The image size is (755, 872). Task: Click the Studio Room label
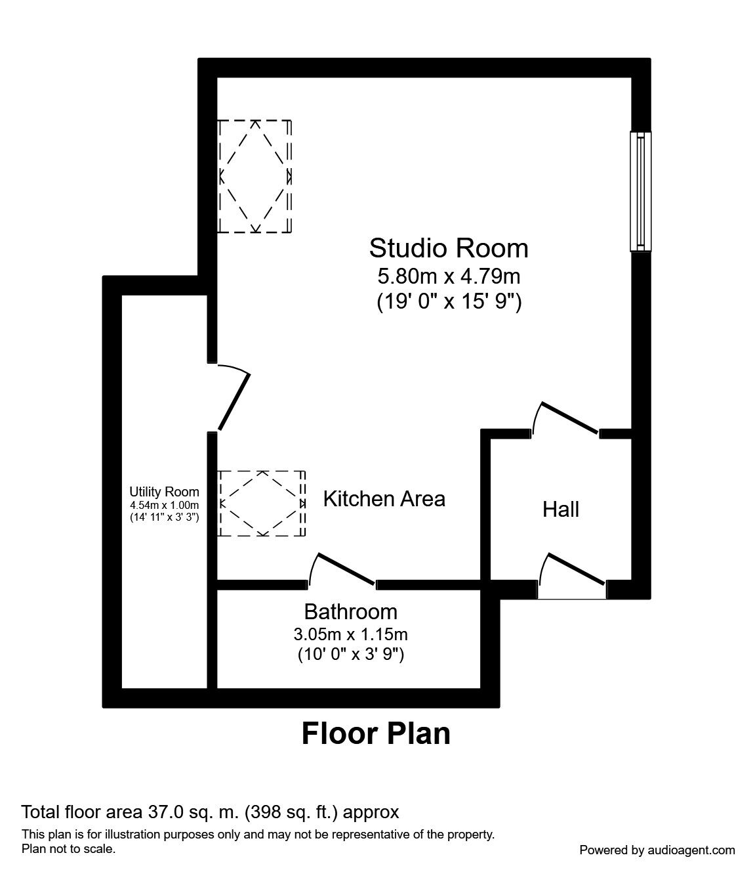click(x=448, y=248)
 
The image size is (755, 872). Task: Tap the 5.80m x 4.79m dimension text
click(x=448, y=276)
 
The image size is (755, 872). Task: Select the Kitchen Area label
click(x=384, y=499)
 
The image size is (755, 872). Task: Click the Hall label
click(x=560, y=509)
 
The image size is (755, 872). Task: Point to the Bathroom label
click(x=350, y=612)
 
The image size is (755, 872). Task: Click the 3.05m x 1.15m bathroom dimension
click(x=350, y=634)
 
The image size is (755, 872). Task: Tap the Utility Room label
click(x=164, y=492)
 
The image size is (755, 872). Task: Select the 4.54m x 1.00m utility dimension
click(x=164, y=505)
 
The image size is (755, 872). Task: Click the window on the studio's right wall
click(x=640, y=191)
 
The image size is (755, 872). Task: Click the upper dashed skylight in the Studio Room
click(x=255, y=177)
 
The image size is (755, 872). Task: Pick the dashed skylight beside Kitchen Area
click(x=262, y=504)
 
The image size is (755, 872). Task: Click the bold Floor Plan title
click(x=376, y=733)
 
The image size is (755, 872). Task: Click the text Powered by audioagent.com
click(x=657, y=850)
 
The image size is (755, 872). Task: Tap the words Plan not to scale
click(x=69, y=849)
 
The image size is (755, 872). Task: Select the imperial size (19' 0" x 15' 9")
click(x=448, y=302)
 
